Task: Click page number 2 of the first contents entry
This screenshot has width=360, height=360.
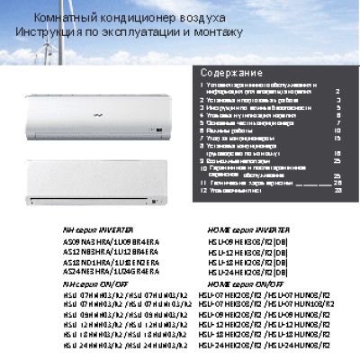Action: click(337, 91)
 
